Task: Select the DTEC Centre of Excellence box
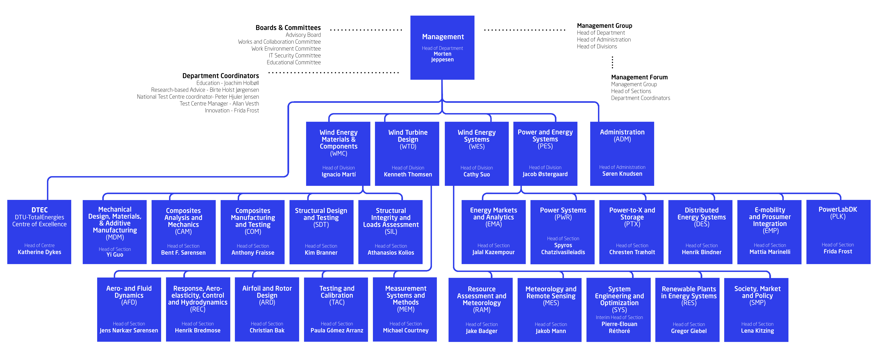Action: pos(39,232)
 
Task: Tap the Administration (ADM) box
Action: pos(622,154)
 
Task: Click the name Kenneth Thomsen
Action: pos(408,175)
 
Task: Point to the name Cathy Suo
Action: pos(477,175)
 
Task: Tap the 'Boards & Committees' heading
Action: pos(288,28)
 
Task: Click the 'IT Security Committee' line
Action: pos(295,55)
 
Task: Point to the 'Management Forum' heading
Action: pos(639,77)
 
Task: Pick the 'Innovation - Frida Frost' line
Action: pos(232,110)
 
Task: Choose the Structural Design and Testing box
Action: pos(321,232)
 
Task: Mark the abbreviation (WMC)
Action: pos(339,153)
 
